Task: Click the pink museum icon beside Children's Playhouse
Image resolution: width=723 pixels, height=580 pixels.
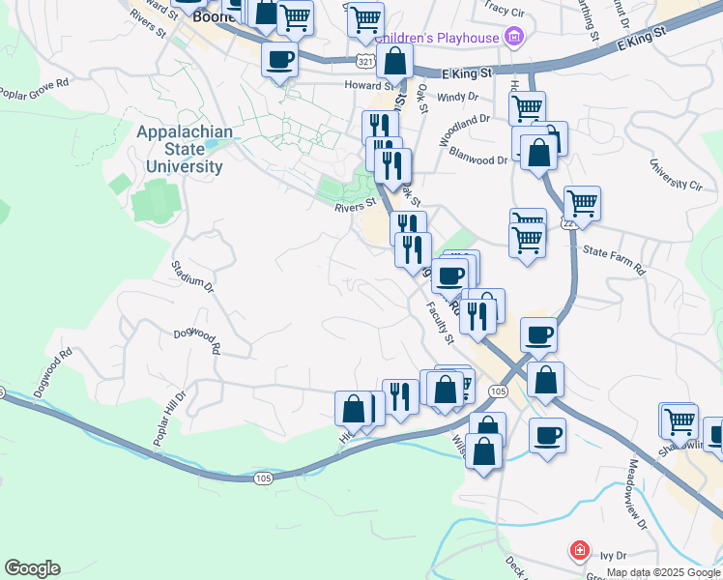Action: pyautogui.click(x=514, y=38)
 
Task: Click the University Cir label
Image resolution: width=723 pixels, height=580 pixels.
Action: pyautogui.click(x=676, y=174)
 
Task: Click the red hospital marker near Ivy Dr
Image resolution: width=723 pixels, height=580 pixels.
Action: pyautogui.click(x=579, y=550)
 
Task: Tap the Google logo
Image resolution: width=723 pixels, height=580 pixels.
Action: pyautogui.click(x=32, y=568)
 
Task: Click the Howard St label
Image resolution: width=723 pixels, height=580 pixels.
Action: pyautogui.click(x=365, y=85)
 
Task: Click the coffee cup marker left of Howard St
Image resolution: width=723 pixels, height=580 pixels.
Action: pyautogui.click(x=279, y=59)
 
